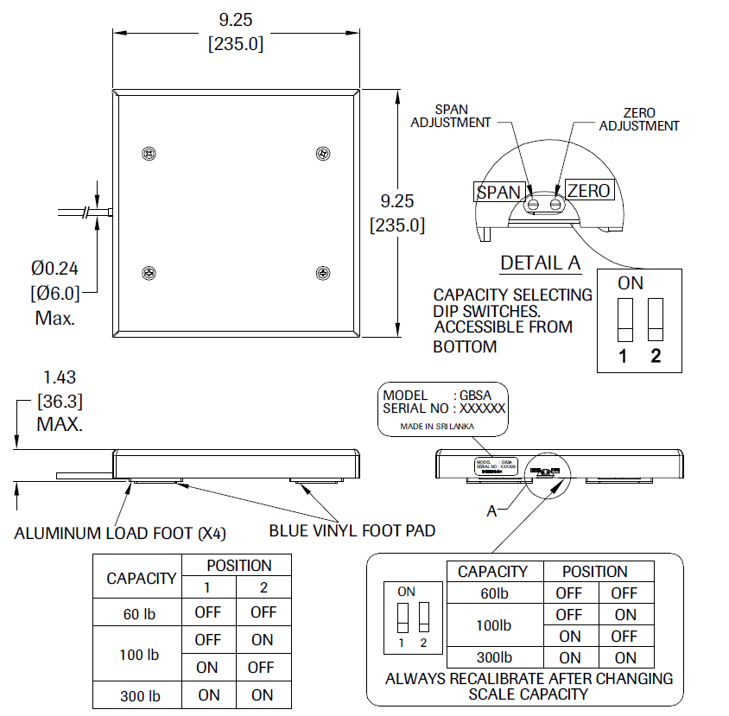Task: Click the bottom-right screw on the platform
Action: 323,273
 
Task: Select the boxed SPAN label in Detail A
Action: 499,192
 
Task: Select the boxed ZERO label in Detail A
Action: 588,190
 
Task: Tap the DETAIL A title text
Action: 540,262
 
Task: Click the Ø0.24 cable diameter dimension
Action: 54,270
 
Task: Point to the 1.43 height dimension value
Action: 60,377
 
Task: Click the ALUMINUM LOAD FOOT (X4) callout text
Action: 120,534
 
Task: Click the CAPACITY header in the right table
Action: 492,572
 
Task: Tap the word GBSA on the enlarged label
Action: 483,396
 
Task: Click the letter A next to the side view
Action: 491,511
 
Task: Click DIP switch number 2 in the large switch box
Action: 656,321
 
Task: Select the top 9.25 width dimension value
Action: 236,20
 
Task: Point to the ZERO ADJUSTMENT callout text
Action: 639,119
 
